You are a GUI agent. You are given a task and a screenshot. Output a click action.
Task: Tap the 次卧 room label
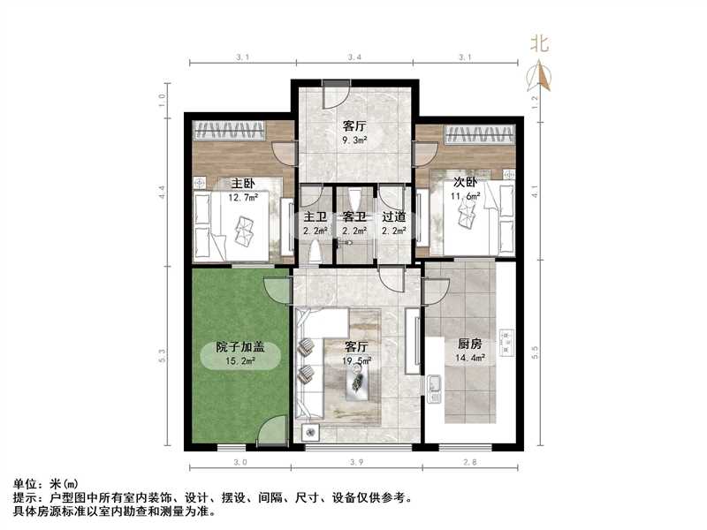[466, 184]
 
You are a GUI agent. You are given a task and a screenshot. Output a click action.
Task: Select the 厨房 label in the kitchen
[471, 345]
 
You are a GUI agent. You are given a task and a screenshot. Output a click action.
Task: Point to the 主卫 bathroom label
[315, 216]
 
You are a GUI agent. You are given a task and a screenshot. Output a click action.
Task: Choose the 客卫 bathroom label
[354, 216]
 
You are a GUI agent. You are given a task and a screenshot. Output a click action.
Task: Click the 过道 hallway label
[394, 216]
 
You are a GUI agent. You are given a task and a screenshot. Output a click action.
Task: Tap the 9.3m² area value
[354, 139]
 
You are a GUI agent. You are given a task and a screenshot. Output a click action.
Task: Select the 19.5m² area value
[357, 360]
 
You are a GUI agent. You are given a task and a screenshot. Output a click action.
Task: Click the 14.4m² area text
[471, 360]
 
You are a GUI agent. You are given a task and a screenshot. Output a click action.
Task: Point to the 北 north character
[539, 42]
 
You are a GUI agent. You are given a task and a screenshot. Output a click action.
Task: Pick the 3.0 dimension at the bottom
[240, 462]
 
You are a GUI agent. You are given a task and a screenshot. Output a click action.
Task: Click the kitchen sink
[435, 386]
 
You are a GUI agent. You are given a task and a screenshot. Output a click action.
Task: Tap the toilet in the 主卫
[315, 253]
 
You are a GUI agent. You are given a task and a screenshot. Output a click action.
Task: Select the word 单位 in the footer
[25, 484]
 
